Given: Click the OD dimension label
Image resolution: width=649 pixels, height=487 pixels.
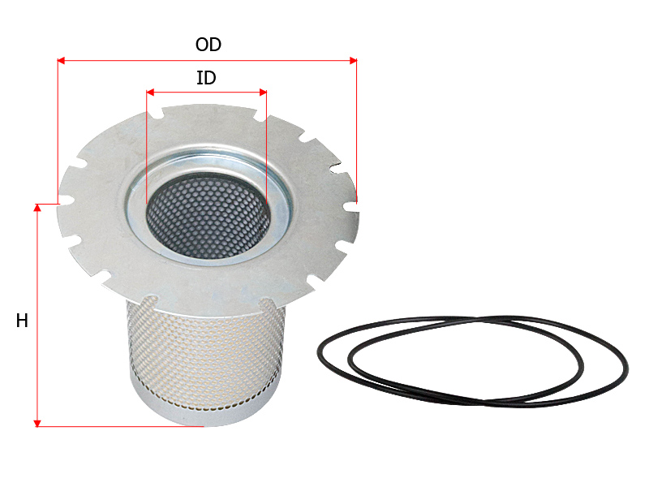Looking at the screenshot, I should [208, 45].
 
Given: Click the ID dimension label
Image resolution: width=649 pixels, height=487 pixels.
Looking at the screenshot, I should [207, 79].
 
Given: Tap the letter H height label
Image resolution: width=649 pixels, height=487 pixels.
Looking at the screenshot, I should [22, 321].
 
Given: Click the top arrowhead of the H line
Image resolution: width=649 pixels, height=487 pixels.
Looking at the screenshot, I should [37, 208].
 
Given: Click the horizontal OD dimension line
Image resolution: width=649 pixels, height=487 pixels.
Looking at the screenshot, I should [207, 59].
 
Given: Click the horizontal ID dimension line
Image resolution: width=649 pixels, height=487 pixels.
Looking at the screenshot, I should [207, 93].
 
